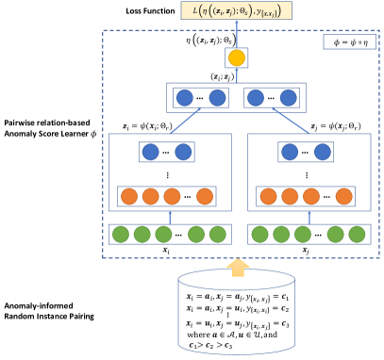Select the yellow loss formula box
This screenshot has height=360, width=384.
click(243, 13)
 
